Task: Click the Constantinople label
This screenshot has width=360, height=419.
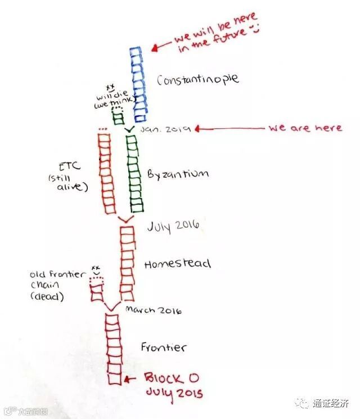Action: click(198, 79)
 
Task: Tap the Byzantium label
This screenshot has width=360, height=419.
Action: click(178, 173)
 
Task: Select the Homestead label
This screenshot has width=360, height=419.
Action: click(177, 264)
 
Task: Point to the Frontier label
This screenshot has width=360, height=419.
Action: click(164, 348)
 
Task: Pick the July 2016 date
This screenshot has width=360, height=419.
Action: click(173, 226)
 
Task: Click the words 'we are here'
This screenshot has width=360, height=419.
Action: click(304, 128)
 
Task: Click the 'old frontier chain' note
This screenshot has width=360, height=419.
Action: click(58, 275)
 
